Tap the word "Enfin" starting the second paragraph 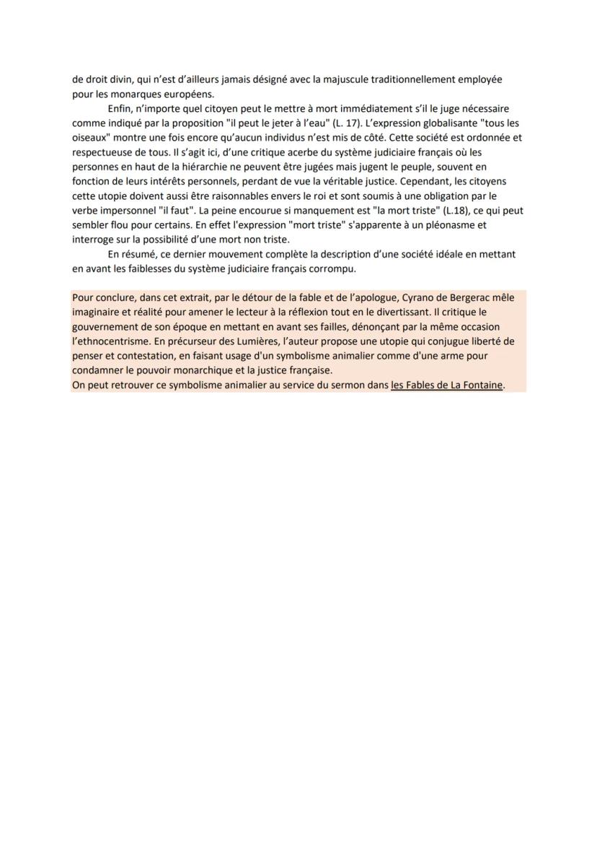pos(120,108)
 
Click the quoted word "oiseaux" pos(89,137)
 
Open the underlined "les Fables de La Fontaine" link pos(447,385)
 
